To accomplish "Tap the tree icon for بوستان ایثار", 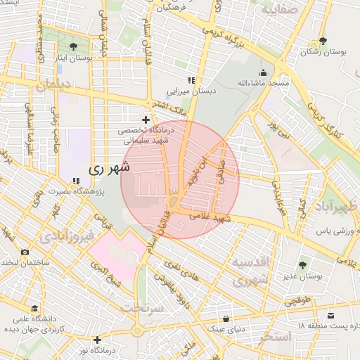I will (x=73, y=46).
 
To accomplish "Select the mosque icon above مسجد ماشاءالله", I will (x=264, y=72).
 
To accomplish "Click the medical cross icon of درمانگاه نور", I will (x=97, y=340).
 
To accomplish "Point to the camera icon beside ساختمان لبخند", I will (x=25, y=252).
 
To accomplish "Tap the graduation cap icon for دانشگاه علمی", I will (x=35, y=308).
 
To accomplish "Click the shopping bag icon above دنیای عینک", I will (x=226, y=318).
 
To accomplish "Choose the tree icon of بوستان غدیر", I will (x=303, y=265).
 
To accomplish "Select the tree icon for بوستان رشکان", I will (x=323, y=41).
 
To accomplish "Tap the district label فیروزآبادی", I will (x=65, y=236).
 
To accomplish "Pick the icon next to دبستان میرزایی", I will (x=191, y=81).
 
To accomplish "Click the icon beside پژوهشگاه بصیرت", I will (x=76, y=181).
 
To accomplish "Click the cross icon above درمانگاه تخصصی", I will (x=146, y=120).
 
